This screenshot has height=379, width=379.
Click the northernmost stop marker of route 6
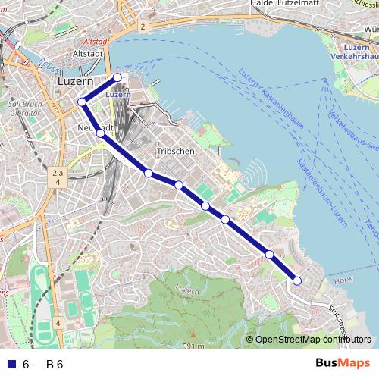tap(117, 77)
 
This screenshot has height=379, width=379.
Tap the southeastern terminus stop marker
tap(297, 280)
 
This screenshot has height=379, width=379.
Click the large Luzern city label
tap(75, 80)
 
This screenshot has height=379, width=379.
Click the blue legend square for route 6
tap(10, 364)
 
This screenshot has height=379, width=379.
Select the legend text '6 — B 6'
tap(42, 364)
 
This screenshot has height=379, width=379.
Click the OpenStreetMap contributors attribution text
tap(313, 339)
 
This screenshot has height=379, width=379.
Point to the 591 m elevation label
tap(194, 346)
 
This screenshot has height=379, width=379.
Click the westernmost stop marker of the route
tap(82, 102)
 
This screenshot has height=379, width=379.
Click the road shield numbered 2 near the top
tap(142, 27)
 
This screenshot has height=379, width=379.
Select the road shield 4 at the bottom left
tap(58, 323)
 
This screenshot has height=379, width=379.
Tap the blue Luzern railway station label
tap(118, 95)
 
